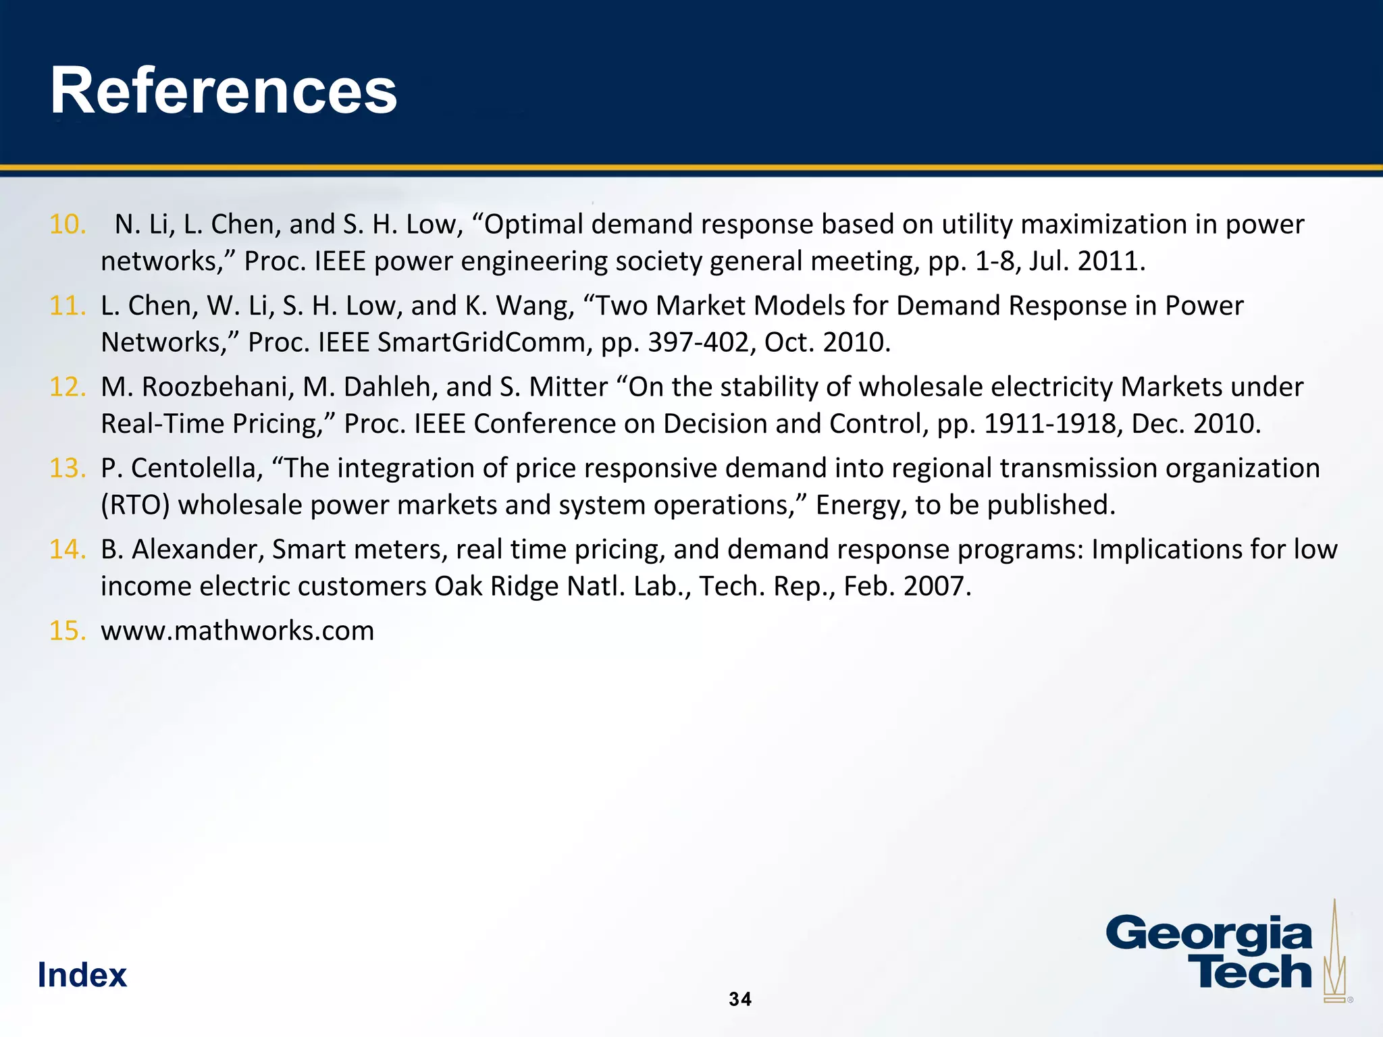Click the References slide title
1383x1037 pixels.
(224, 91)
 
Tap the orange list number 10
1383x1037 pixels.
(68, 224)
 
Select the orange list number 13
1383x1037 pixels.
(68, 468)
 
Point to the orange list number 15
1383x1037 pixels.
(68, 631)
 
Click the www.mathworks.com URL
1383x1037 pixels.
(237, 631)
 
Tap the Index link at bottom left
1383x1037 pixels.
(82, 975)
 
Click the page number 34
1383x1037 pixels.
(740, 999)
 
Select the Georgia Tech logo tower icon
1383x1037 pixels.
(1333, 952)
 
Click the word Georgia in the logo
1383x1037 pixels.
(1209, 935)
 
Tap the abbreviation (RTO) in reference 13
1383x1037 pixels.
(135, 505)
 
